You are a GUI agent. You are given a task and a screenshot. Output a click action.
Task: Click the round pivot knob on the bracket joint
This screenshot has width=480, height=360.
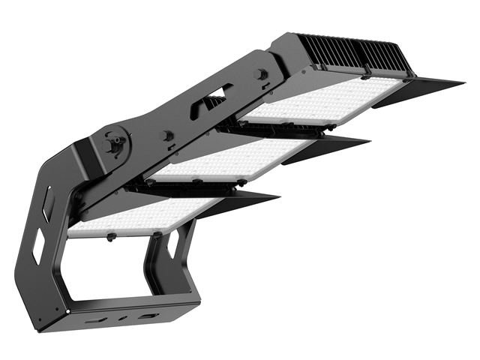[114, 144]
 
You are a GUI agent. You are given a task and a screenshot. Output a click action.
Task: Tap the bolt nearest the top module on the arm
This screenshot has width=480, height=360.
[262, 74]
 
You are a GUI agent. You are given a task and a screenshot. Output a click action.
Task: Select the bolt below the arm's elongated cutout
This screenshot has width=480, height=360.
[166, 136]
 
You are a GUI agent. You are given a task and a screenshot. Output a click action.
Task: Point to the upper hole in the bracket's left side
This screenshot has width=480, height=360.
[47, 203]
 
